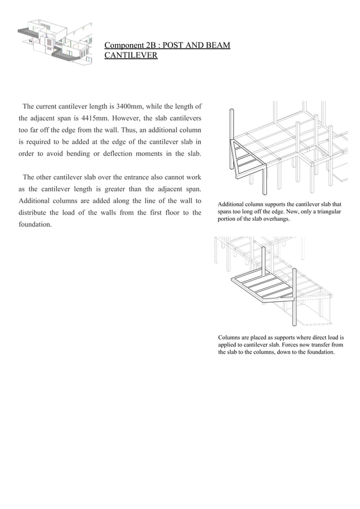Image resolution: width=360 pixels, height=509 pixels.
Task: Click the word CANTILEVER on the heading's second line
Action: pyautogui.click(x=131, y=56)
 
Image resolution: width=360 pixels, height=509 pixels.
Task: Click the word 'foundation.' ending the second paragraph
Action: pyautogui.click(x=35, y=225)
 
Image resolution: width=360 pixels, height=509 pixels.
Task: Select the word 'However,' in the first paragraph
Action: pyautogui.click(x=124, y=118)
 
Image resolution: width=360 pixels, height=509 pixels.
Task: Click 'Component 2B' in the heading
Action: pyautogui.click(x=130, y=45)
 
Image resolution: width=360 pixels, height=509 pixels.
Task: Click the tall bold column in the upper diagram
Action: pyautogui.click(x=231, y=138)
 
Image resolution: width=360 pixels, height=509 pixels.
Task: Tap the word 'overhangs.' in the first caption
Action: pyautogui.click(x=274, y=219)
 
